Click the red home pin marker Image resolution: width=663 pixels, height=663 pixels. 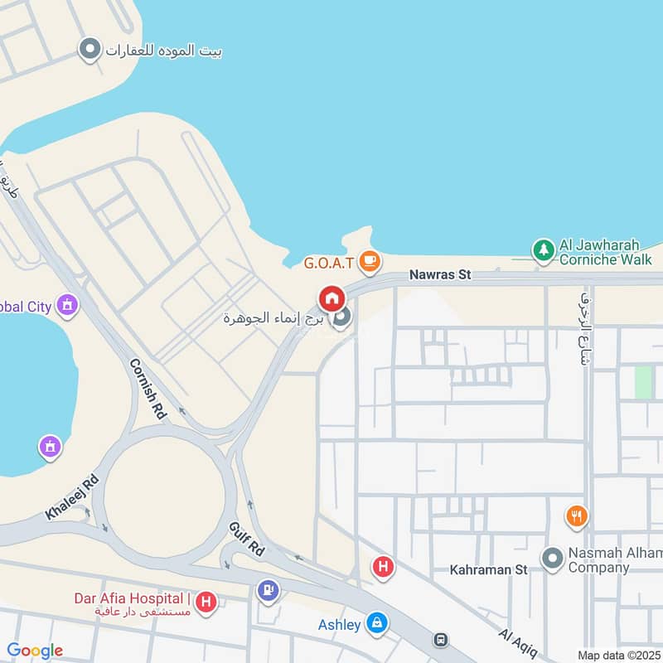[331, 298]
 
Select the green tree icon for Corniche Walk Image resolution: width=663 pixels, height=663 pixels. [543, 249]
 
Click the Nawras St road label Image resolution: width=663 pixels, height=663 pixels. [441, 274]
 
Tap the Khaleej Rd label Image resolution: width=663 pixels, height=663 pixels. [72, 497]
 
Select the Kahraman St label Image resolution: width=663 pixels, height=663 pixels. [488, 570]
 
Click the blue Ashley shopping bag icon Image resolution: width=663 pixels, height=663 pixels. [377, 622]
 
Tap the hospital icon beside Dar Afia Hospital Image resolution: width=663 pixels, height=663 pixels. [206, 602]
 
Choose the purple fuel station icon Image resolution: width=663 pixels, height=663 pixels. [268, 590]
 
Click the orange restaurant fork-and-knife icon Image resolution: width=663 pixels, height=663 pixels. [577, 517]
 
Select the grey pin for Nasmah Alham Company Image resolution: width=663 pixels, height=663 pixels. [553, 559]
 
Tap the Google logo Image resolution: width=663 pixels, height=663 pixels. [35, 651]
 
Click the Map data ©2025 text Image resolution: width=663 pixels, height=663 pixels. [618, 655]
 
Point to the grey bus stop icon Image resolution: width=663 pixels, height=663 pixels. [441, 641]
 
